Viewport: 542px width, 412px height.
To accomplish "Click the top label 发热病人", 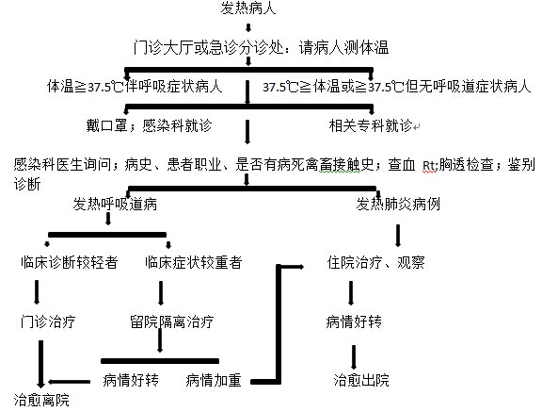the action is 248,8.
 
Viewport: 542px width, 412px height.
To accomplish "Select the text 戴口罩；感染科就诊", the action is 149,125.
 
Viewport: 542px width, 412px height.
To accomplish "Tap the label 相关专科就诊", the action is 371,125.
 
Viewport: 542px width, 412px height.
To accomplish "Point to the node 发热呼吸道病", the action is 115,204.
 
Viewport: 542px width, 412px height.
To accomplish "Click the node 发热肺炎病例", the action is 398,204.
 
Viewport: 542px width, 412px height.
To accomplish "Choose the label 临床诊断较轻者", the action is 69,262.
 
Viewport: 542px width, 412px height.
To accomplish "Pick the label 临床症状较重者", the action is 193,262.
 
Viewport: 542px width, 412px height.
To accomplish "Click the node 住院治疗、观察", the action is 376,262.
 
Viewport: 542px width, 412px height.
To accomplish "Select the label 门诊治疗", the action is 48,321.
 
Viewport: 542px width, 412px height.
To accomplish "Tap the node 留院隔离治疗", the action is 172,321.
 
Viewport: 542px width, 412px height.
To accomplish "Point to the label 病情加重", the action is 214,380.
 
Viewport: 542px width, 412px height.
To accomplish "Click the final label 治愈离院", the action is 41,400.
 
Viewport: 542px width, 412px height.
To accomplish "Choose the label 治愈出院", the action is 361,380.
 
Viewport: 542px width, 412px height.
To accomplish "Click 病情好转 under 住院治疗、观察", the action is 354,321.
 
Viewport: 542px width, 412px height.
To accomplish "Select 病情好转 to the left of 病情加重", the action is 131,380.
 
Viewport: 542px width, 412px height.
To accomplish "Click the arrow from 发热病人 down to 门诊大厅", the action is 247,27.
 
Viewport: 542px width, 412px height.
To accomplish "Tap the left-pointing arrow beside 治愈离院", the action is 69,382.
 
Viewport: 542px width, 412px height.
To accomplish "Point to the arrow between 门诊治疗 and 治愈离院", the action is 40,364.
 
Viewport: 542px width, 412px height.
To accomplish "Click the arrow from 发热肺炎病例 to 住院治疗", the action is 398,236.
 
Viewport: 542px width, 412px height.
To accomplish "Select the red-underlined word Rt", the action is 429,165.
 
